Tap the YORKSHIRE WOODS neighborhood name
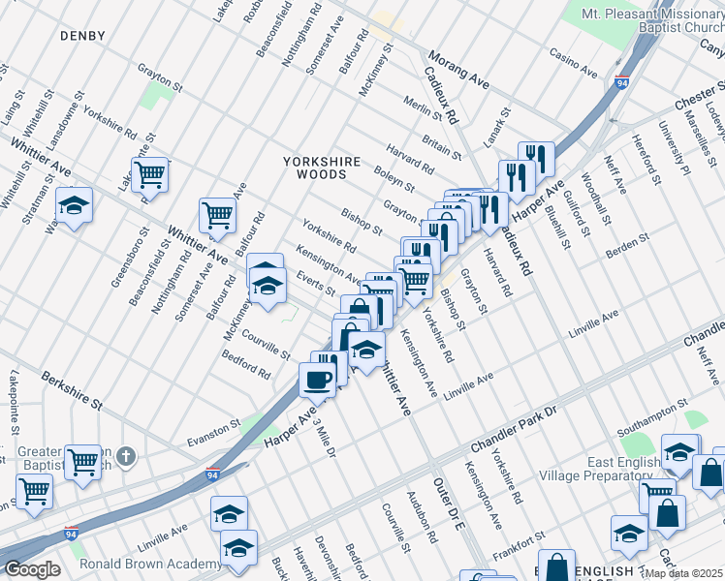tap(322, 168)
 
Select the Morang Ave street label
tap(458, 72)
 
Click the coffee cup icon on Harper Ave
tap(316, 380)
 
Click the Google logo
tap(31, 569)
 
